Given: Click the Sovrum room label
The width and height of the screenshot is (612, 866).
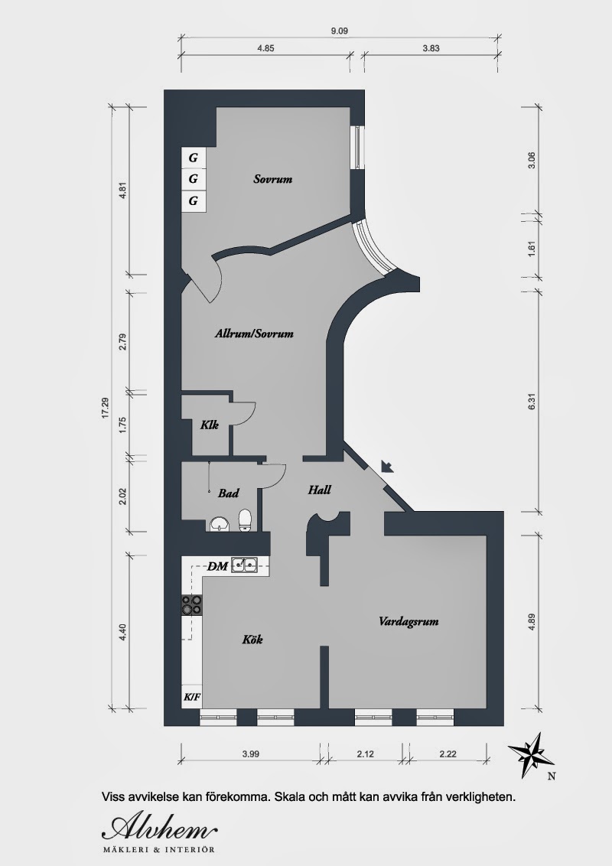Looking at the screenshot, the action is point(273,179).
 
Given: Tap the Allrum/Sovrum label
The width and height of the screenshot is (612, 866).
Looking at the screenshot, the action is point(254,334).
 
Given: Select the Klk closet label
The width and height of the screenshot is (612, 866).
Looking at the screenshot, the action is point(210,425).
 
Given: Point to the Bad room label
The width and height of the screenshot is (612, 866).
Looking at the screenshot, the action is point(228,493).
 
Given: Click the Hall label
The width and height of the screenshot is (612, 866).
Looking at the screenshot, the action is point(319,490).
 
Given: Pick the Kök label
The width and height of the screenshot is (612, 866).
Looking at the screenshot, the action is point(252,640).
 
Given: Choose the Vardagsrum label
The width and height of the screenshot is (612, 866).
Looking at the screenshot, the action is point(409,621).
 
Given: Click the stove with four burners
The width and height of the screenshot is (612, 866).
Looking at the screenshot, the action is point(192,605).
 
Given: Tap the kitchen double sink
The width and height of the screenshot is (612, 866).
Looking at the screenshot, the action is point(243,565).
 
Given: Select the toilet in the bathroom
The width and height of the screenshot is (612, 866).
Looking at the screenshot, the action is point(246,520).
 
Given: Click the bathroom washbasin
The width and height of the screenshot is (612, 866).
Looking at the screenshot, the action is point(220,523).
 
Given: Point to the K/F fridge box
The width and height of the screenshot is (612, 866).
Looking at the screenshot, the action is point(192,697).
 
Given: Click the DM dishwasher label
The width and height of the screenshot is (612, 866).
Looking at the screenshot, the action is point(217,566).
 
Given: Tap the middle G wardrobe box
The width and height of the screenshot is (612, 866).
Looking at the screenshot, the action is point(194,179).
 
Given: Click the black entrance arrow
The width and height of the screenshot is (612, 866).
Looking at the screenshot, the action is point(387,466).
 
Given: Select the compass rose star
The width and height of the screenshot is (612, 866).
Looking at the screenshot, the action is point(532,754).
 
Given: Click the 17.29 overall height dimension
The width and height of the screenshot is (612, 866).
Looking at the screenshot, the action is point(105,409).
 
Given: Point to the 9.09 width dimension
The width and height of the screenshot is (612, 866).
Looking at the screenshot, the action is point(339,31).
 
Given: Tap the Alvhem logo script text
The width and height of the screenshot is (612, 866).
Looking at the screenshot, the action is point(160,828).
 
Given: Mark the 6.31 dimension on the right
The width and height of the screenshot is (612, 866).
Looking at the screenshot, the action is point(532,402).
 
